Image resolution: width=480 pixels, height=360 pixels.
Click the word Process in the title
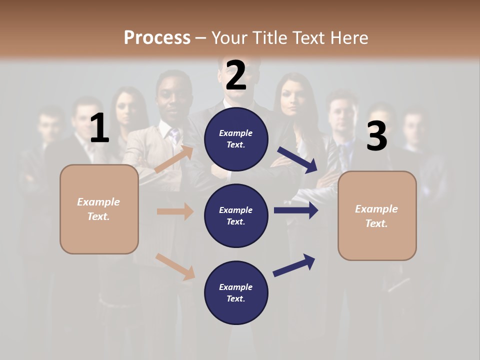coord(157,38)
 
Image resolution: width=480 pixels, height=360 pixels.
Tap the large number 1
coord(99,128)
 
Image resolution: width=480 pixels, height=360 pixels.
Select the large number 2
coord(236,75)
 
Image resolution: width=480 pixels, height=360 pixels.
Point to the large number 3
coord(376,136)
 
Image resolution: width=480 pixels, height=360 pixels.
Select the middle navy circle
coord(236,215)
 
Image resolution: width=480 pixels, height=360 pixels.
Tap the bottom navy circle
coord(236,292)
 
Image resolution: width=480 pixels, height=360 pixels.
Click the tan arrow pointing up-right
coord(174,159)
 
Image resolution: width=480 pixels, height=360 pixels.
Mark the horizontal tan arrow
coord(175,211)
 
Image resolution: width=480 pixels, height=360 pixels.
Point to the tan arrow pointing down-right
coord(175,266)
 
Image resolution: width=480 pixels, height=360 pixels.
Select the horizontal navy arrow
coord(296,210)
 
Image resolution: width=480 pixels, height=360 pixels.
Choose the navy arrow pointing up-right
coord(294,265)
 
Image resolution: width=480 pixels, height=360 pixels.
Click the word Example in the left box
coord(98,202)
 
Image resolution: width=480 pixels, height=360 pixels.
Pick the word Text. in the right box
coord(376,223)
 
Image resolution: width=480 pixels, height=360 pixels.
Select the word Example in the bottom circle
coord(236,287)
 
